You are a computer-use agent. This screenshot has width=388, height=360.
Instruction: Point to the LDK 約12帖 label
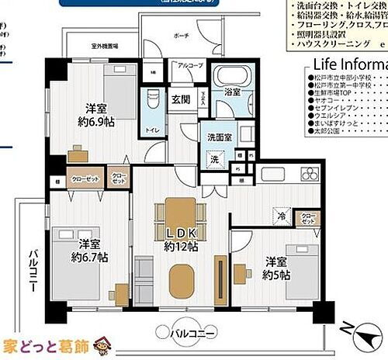(181, 240)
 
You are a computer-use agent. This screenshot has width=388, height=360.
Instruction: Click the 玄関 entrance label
(181, 99)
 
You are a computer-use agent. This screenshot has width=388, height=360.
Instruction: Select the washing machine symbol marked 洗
(214, 159)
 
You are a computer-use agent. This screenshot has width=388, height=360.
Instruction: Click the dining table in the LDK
(181, 215)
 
